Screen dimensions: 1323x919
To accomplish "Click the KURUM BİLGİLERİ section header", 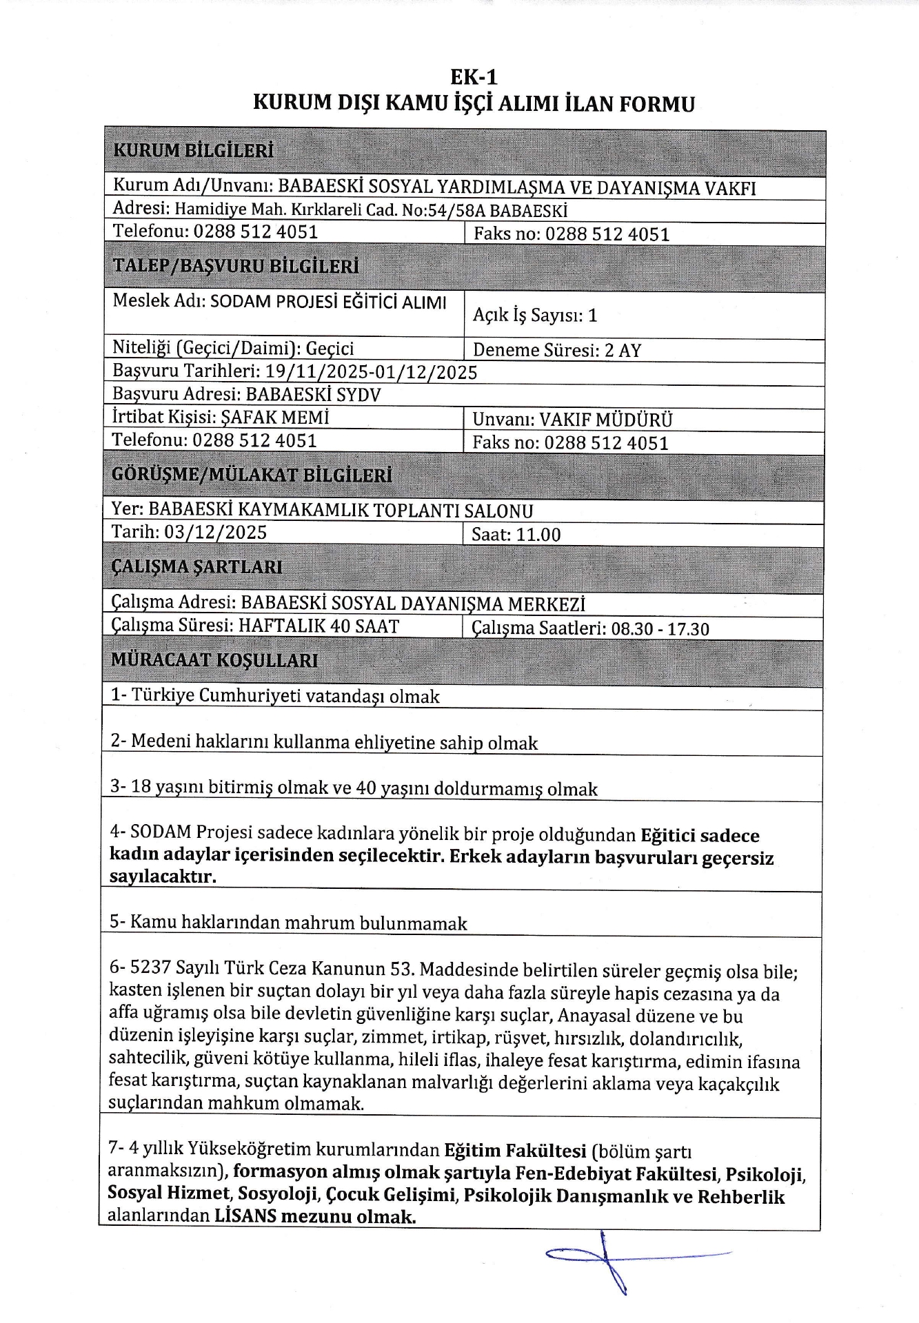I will click(x=193, y=150).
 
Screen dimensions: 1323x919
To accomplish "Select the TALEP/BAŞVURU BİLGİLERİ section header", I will click(x=235, y=266).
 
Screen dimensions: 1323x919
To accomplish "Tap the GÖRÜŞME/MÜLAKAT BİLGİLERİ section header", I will click(x=252, y=475).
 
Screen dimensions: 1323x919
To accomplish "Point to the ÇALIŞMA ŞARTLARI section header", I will click(x=196, y=567).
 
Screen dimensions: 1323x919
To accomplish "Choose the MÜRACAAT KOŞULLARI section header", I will click(x=214, y=660).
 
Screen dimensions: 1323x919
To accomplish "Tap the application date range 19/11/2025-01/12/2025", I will click(x=371, y=372).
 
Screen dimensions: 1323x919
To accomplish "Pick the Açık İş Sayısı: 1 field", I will click(x=535, y=316).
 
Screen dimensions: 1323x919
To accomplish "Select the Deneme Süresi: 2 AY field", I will click(x=557, y=350).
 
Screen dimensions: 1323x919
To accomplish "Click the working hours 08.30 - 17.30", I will click(x=660, y=628).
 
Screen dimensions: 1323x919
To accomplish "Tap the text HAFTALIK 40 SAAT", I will click(x=319, y=626).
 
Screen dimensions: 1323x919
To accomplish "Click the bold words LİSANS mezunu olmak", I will click(x=315, y=1216).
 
